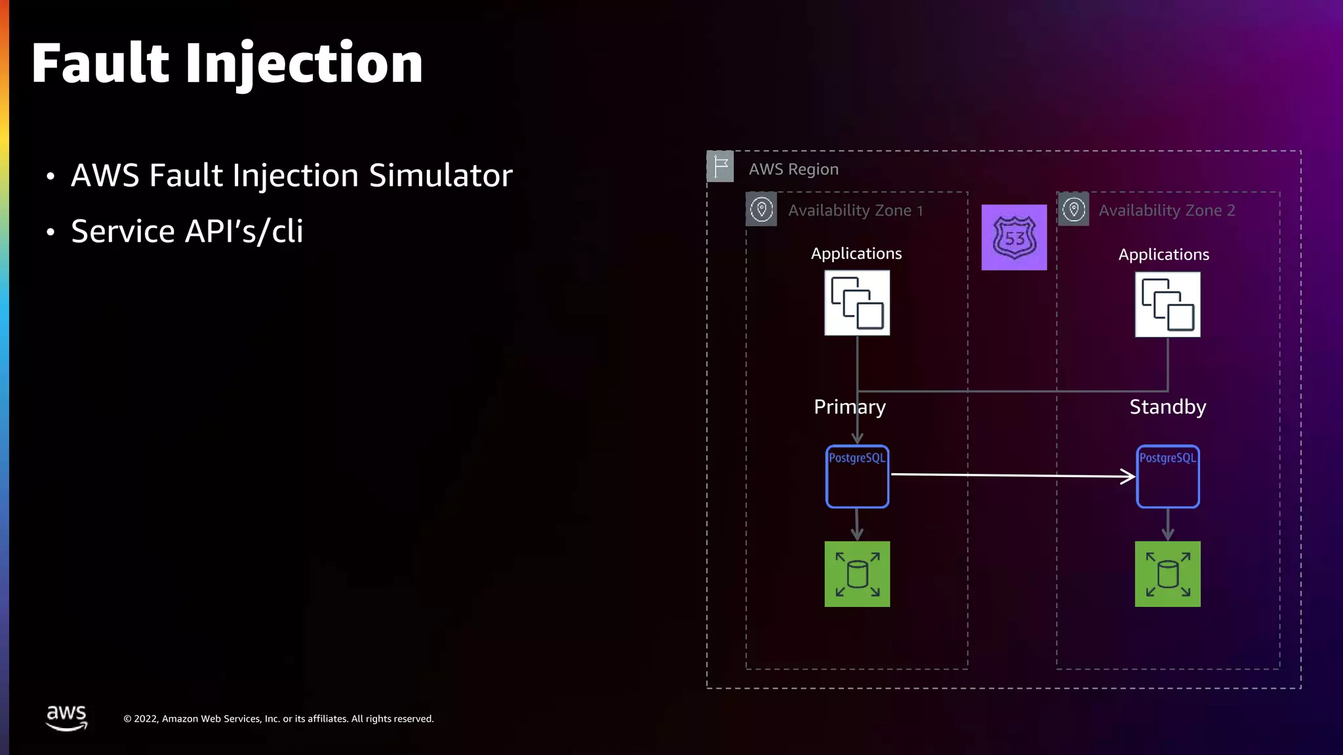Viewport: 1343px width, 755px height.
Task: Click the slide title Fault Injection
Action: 227,64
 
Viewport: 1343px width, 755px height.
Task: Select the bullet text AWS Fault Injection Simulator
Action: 291,176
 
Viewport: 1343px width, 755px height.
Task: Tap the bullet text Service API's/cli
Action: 187,231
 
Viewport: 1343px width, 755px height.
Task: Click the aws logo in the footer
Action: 66,717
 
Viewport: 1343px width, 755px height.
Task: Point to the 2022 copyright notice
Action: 278,719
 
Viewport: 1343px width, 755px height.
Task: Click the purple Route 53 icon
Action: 1014,237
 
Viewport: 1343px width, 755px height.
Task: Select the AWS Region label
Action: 793,169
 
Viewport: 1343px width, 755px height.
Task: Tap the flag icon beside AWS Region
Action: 720,166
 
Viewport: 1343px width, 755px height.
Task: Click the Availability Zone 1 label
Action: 855,210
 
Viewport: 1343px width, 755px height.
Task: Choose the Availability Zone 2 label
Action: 1167,210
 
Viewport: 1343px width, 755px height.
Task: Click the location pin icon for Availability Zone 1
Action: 761,210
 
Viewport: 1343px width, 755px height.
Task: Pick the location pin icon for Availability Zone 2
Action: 1073,210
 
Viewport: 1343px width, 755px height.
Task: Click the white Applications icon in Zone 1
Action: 857,303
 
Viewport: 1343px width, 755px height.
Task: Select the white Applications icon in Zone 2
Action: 1167,305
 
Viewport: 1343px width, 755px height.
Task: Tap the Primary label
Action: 849,407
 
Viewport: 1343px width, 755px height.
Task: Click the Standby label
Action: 1167,407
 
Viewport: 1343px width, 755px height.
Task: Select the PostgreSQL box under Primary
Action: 857,476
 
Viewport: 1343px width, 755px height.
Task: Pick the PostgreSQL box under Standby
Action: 1167,476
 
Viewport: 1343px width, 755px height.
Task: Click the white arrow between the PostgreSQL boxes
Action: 1012,475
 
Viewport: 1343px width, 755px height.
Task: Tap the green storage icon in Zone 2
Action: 1167,574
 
